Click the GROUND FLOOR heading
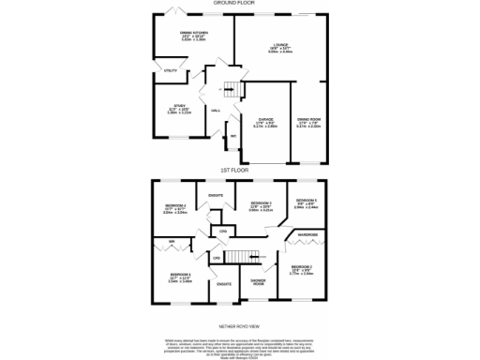click(239, 3)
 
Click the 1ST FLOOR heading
click(234, 170)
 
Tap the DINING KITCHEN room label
click(194, 35)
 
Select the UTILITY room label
click(171, 70)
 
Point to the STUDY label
click(180, 106)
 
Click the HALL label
click(216, 111)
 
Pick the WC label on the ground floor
click(234, 137)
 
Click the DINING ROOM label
click(308, 120)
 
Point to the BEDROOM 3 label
click(261, 203)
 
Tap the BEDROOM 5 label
click(307, 202)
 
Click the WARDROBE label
click(307, 234)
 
